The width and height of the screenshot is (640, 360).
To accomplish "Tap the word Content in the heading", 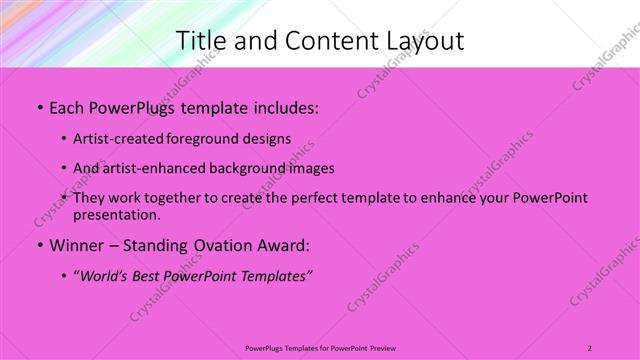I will point(326,40).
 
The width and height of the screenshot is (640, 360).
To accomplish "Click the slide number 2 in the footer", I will point(590,347).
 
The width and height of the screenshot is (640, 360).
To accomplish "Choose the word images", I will point(312,168).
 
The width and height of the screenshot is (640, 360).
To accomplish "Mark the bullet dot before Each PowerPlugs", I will point(38,106).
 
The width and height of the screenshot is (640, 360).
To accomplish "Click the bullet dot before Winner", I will point(38,245).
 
